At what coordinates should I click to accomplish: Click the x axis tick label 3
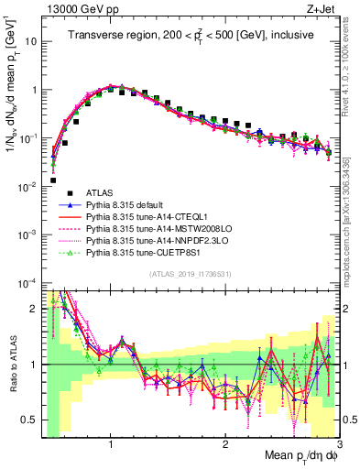click(339, 442)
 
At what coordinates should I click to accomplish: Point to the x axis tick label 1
click(111, 442)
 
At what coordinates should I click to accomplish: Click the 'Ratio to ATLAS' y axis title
click(11, 364)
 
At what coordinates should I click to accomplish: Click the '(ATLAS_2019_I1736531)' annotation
click(189, 275)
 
